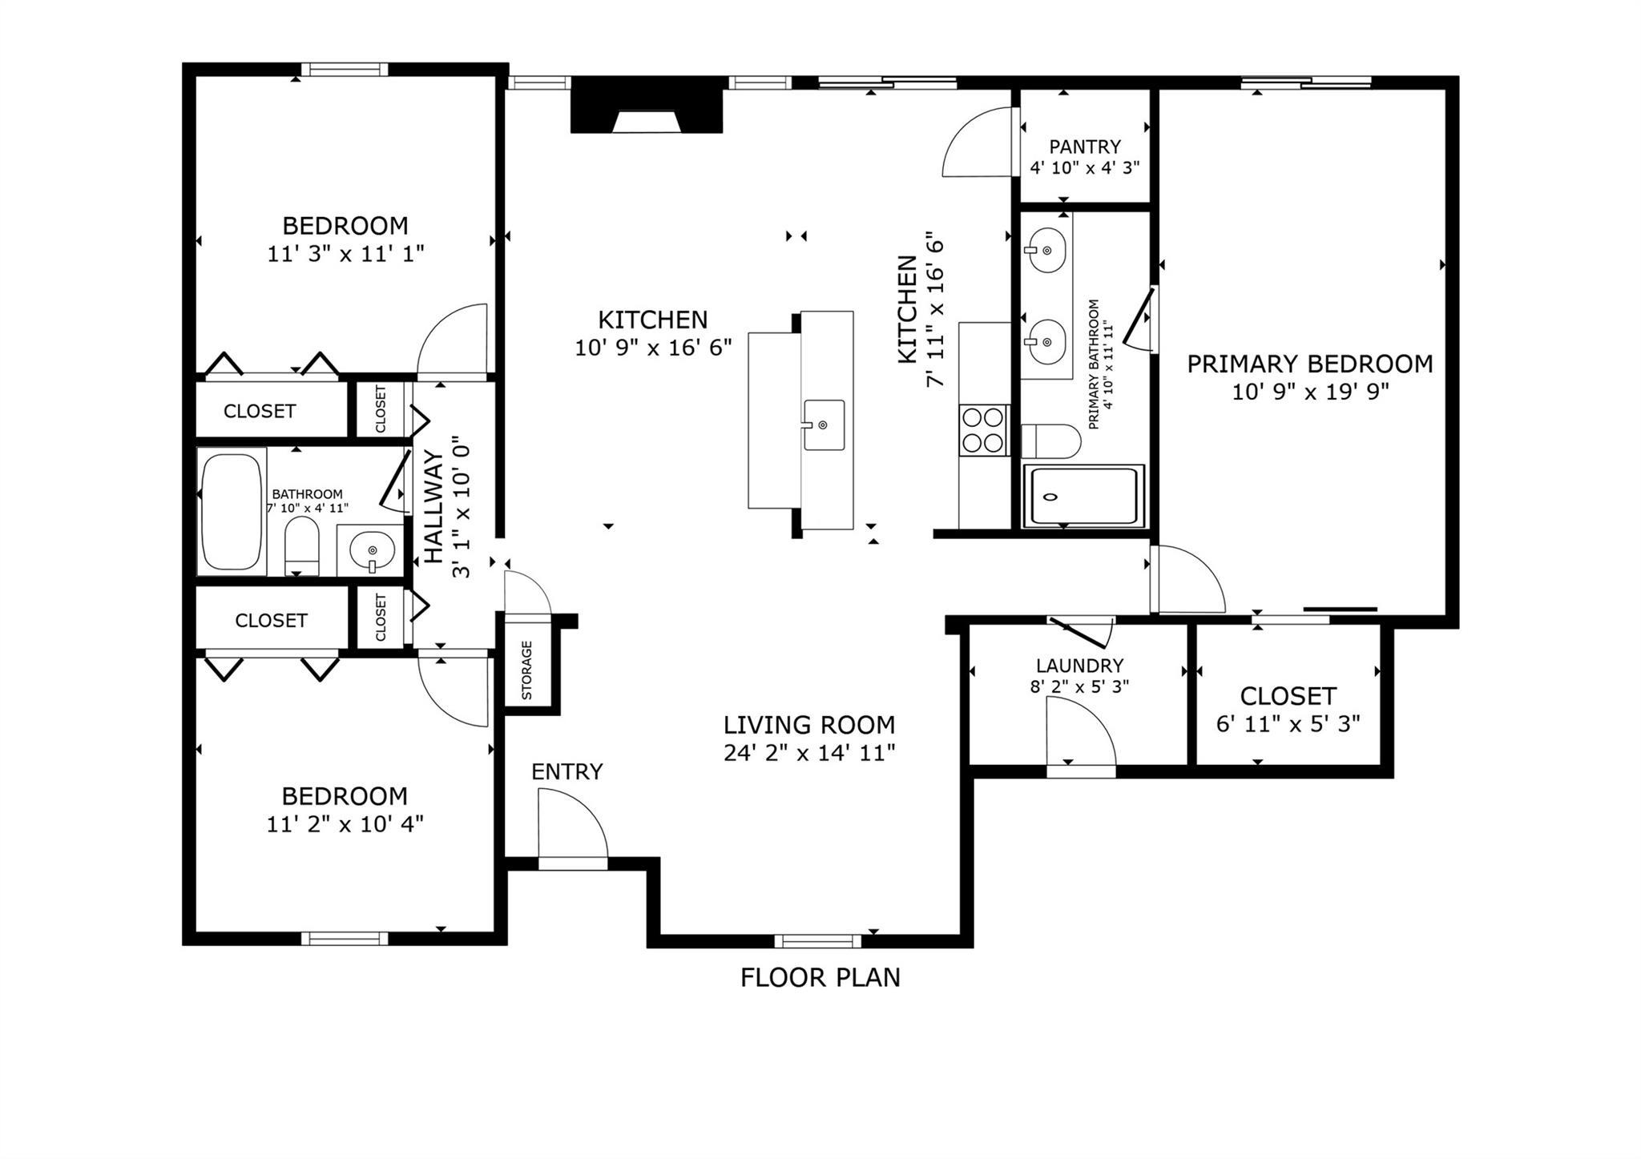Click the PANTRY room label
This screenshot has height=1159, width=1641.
tap(1085, 147)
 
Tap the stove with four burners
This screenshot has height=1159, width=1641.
tap(983, 430)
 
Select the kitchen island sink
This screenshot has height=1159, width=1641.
tap(824, 425)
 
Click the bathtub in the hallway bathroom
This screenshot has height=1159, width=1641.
tap(232, 511)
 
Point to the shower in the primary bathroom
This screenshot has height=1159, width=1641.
tap(1083, 496)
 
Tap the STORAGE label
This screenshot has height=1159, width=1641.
tap(527, 670)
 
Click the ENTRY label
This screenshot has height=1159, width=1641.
tap(566, 771)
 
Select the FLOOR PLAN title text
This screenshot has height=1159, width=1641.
tap(820, 977)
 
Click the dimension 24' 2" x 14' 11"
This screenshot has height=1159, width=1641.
tap(808, 753)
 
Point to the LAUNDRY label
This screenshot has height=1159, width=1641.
tap(1079, 666)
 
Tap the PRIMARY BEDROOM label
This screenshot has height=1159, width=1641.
tap(1309, 364)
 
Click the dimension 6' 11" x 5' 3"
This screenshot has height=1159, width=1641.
tap(1288, 724)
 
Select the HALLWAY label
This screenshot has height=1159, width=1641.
tap(433, 506)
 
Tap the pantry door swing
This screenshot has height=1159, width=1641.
tap(979, 144)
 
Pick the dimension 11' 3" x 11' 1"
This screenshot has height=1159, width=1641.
tap(345, 254)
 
